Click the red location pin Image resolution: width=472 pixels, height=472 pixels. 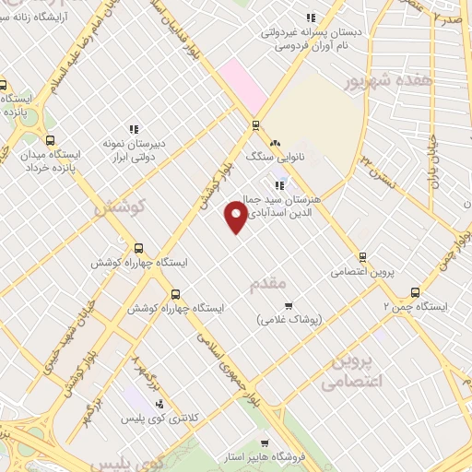pyautogui.click(x=236, y=217)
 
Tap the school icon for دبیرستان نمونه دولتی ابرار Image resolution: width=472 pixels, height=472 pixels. pyautogui.click(x=134, y=129)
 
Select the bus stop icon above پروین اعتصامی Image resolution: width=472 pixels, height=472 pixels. pyautogui.click(x=362, y=257)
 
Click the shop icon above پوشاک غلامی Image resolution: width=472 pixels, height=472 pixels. pyautogui.click(x=288, y=305)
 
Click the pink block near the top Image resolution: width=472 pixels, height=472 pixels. pyautogui.click(x=242, y=82)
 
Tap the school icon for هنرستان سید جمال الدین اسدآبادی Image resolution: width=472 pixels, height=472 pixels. pyautogui.click(x=278, y=186)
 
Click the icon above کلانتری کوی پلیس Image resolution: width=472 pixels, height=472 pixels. pyautogui.click(x=159, y=404)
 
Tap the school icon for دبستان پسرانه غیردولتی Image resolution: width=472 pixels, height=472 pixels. pyautogui.click(x=312, y=18)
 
